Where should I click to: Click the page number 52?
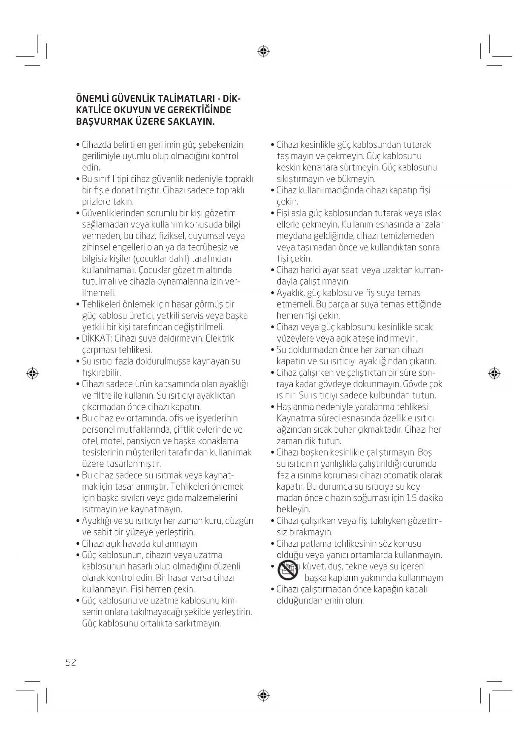pos(71,662)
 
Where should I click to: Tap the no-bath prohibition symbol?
pos(288,571)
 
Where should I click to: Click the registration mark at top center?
pos(264,52)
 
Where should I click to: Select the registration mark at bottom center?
pos(264,696)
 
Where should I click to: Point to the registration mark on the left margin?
pos(32,373)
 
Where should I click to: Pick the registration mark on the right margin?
pos(494,373)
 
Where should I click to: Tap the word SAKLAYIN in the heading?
pos(192,122)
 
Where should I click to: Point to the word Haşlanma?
pos(295,407)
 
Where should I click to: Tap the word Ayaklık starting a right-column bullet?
pos(291,293)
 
